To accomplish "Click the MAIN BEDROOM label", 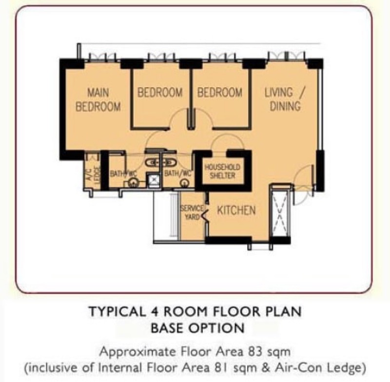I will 98,99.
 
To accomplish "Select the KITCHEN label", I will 236,211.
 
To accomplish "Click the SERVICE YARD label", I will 192,212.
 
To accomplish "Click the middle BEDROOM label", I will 159,93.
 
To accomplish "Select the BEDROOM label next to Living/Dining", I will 219,93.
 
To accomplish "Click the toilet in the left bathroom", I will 132,183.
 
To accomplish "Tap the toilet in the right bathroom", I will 184,183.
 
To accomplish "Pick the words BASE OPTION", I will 195,327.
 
